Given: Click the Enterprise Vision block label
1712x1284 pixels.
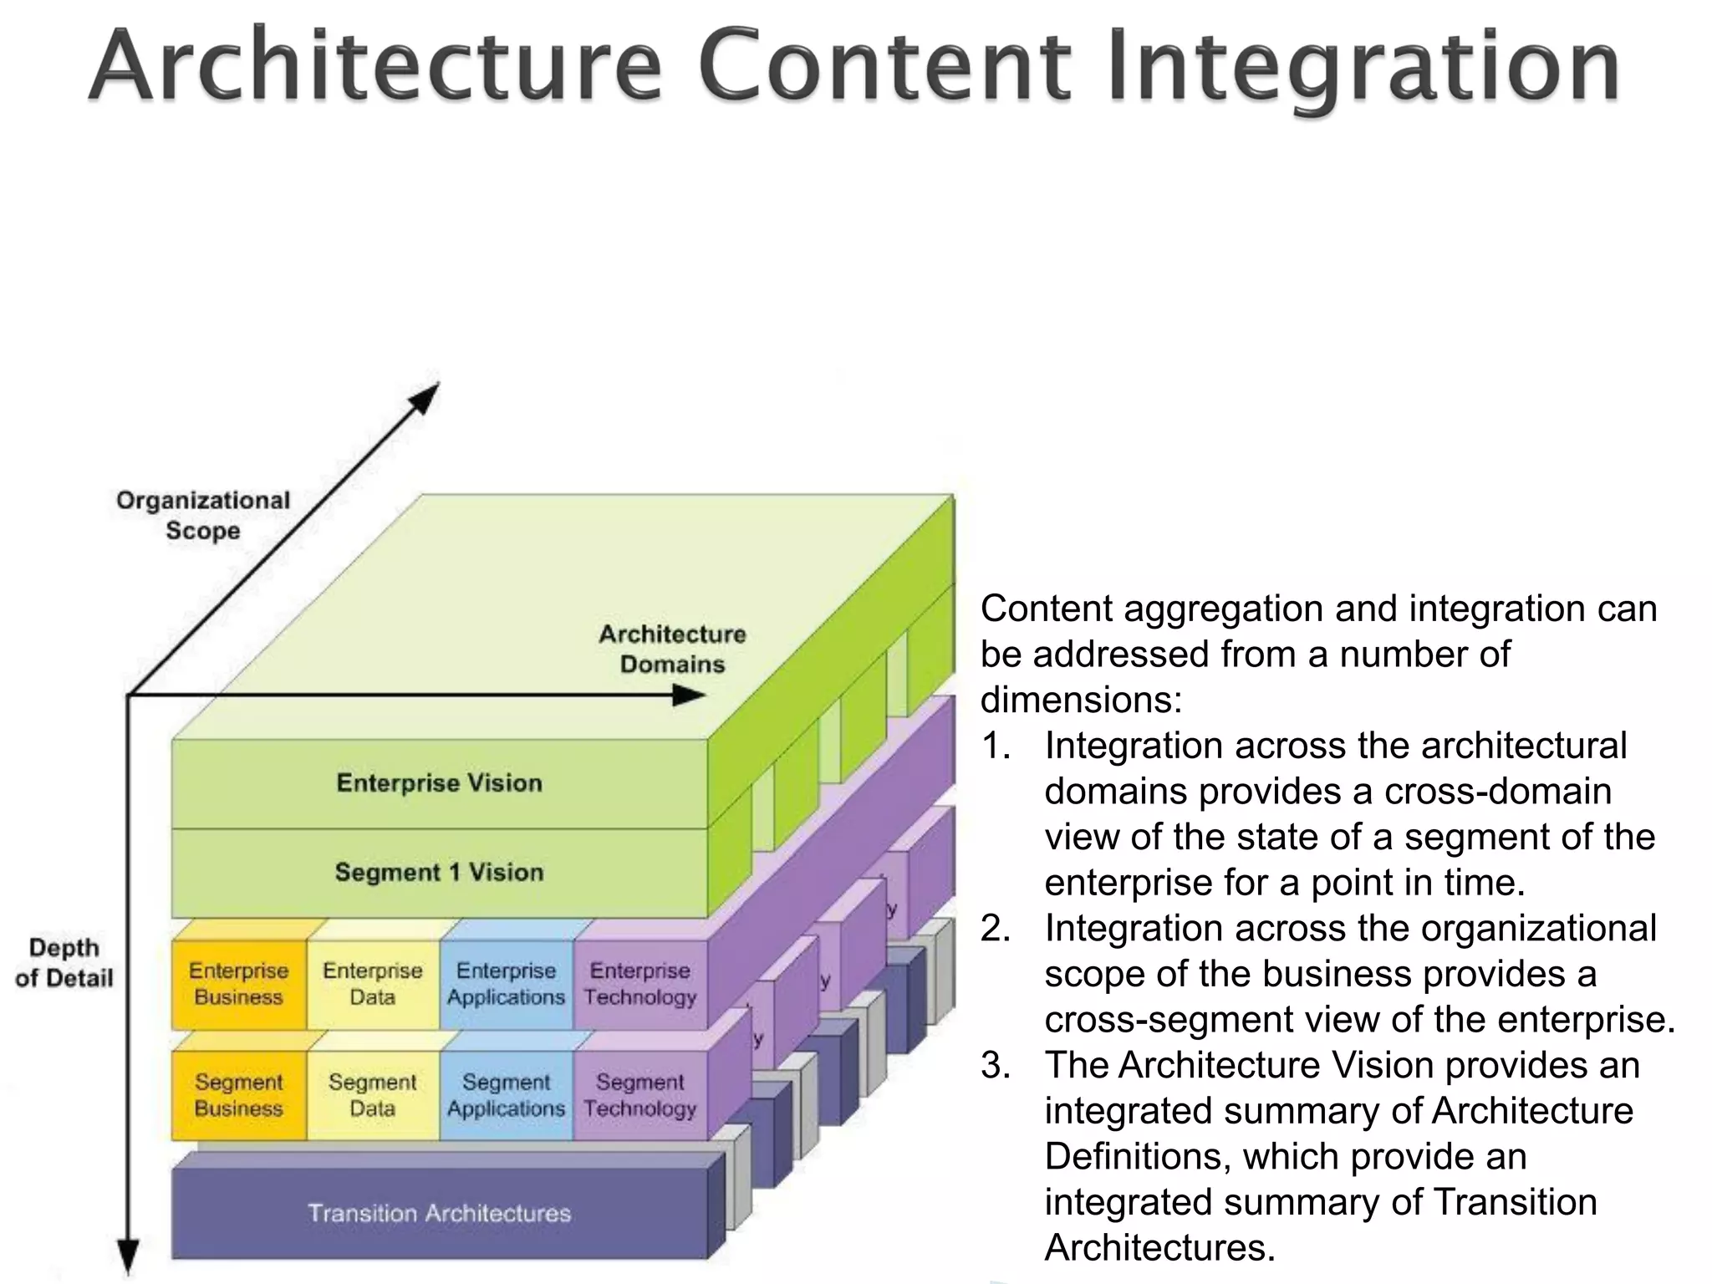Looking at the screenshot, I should tap(439, 783).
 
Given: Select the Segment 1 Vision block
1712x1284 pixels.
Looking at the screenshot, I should tap(439, 873).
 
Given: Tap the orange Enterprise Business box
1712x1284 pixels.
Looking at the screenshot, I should tap(238, 984).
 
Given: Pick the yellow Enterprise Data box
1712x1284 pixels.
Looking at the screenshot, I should tap(372, 984).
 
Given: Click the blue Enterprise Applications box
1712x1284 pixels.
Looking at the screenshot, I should tap(506, 984).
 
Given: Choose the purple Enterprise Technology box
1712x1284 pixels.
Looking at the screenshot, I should tap(639, 984).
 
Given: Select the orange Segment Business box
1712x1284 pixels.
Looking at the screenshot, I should tap(238, 1095).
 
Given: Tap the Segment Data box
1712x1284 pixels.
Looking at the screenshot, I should tap(372, 1095).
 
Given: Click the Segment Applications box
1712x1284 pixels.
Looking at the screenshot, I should tap(506, 1095).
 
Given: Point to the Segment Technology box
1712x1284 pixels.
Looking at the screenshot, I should tap(639, 1095).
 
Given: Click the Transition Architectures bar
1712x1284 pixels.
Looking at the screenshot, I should tap(439, 1213).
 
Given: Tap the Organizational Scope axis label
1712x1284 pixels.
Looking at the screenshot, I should tap(203, 515).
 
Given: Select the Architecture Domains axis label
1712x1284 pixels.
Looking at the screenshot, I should tap(672, 649).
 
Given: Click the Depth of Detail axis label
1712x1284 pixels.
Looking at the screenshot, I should tap(64, 962).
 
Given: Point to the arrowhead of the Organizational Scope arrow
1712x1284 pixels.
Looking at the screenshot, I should tap(428, 395).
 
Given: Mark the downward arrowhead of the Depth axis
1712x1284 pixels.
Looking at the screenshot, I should tap(127, 1257).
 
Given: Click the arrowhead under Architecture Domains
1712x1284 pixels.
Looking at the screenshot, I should tap(690, 695).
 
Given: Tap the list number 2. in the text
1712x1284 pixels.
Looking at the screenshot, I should tap(996, 929).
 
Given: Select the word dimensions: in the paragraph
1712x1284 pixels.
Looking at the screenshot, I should tap(1081, 700).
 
